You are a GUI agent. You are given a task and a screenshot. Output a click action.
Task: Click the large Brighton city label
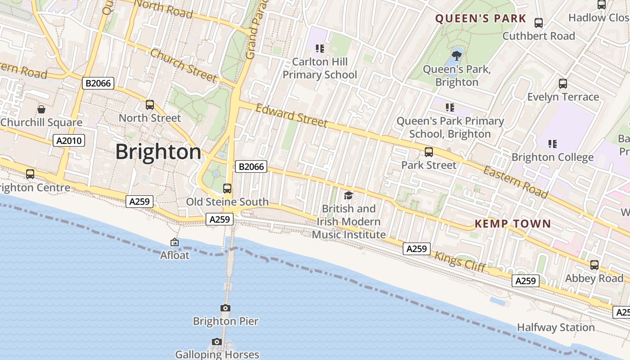click(x=158, y=152)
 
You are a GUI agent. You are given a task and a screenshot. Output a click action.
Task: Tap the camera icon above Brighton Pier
click(x=225, y=308)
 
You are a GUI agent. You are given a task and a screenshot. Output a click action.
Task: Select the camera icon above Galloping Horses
click(x=217, y=342)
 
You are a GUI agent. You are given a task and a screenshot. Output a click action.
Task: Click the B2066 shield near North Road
click(x=98, y=83)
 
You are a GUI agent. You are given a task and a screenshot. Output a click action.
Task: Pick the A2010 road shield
click(x=69, y=140)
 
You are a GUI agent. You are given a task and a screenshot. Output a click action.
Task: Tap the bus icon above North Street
click(x=150, y=105)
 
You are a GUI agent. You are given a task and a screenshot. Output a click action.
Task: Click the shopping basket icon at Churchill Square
click(x=41, y=109)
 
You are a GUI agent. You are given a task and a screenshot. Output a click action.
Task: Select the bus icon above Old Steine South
click(x=227, y=189)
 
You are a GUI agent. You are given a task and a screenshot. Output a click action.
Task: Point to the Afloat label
click(x=175, y=255)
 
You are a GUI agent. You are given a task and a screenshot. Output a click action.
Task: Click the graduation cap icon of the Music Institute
click(x=348, y=195)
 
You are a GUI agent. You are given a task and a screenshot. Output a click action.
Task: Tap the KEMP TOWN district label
click(x=513, y=224)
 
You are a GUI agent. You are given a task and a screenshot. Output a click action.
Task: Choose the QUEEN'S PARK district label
click(x=481, y=18)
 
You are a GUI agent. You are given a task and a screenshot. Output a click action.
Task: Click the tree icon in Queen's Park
click(x=457, y=56)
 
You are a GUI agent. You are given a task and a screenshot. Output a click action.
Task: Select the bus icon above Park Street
click(x=429, y=152)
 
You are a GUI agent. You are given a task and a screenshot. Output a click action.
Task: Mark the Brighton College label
click(x=553, y=157)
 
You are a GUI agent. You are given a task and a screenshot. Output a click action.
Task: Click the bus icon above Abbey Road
click(x=594, y=265)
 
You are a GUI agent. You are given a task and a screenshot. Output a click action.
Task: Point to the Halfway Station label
click(x=556, y=327)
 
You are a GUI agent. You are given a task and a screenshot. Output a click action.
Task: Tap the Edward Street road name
click(x=292, y=115)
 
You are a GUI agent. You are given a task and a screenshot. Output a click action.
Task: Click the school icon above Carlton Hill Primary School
click(x=320, y=48)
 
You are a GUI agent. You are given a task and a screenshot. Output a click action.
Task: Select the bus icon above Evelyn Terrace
click(x=563, y=84)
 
